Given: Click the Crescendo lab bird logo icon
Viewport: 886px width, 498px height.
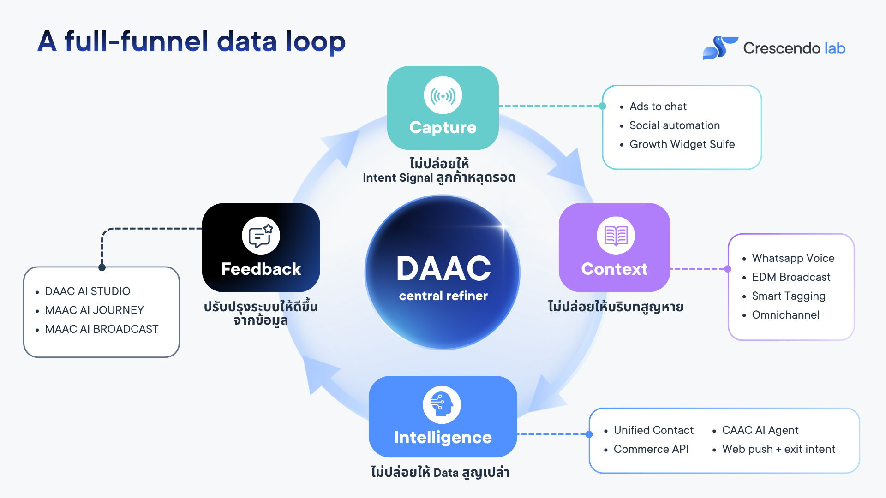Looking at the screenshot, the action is tap(720, 48).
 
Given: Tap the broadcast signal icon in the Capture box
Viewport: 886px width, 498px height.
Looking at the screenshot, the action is tap(443, 95).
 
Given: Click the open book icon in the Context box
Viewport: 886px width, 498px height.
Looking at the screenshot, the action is tap(616, 236).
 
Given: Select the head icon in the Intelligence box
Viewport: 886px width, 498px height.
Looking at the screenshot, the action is tap(442, 405).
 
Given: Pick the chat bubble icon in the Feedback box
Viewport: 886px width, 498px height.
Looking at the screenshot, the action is tap(261, 236).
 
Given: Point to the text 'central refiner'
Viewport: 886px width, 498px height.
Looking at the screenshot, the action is tap(443, 296).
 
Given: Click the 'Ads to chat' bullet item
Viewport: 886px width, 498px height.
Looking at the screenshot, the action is tap(658, 107).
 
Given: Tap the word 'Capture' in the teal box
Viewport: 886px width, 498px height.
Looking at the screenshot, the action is tap(443, 128).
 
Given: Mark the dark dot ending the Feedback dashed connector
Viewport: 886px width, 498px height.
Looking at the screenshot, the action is tap(102, 267).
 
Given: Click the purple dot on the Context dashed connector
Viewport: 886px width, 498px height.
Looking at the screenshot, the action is tap(728, 269).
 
